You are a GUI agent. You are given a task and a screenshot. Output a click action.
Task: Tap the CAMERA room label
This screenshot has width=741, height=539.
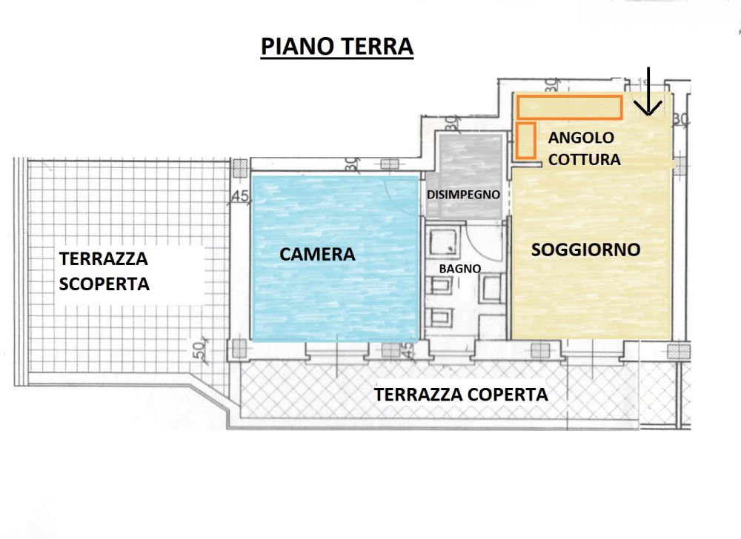point(317,254)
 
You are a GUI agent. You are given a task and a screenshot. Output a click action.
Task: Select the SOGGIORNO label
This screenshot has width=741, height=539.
point(585,250)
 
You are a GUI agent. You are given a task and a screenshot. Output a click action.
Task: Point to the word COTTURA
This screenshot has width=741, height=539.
point(584,159)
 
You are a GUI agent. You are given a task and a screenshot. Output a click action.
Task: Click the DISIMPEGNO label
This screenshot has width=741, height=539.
point(463,195)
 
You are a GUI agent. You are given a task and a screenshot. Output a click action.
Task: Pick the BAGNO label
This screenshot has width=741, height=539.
point(460,269)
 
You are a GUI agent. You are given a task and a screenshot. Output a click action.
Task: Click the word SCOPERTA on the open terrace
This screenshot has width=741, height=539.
point(104,284)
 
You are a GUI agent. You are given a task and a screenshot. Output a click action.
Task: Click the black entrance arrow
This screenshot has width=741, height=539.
point(648,92)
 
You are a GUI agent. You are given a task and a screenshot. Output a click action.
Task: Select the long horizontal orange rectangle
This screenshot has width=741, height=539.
point(569,107)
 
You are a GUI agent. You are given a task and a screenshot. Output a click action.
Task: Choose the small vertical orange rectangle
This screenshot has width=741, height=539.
point(526,140)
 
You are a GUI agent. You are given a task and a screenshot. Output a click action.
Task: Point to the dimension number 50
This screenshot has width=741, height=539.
point(200,349)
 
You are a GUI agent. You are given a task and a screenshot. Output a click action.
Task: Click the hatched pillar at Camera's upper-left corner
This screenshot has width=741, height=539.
point(240,168)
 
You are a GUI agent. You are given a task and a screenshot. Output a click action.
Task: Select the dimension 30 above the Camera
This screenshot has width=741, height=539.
point(351,164)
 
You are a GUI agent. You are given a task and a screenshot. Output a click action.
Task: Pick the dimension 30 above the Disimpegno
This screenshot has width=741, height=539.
point(451,124)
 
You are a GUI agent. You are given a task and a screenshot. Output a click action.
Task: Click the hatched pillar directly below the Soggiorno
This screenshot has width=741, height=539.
point(540,350)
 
